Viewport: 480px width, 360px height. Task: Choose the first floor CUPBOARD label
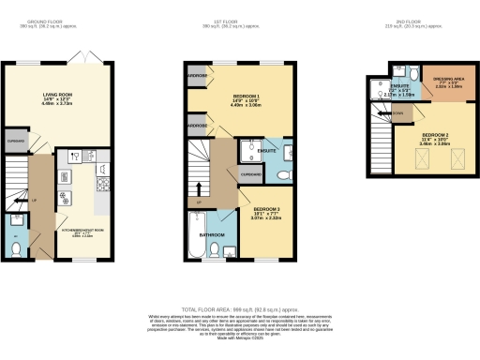pyautogui.click(x=251, y=173)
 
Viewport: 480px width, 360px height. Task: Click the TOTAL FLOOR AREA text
pyautogui.click(x=240, y=308)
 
